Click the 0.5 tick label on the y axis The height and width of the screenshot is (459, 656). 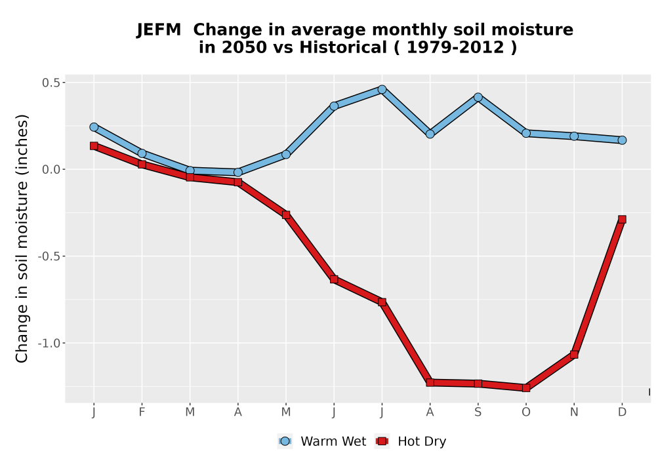(x=51, y=83)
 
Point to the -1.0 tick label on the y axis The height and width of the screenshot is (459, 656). (x=49, y=343)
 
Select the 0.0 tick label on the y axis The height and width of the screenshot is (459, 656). (x=51, y=170)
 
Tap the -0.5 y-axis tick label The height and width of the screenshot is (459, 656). (x=49, y=256)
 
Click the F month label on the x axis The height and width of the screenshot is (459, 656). (x=142, y=412)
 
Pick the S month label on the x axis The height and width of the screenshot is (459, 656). (x=478, y=412)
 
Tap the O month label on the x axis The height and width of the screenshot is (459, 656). (x=526, y=412)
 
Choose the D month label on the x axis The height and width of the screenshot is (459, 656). (x=622, y=412)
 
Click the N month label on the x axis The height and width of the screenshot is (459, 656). (x=574, y=412)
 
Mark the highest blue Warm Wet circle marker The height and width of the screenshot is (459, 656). (x=382, y=89)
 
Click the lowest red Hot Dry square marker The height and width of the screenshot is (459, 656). (x=526, y=388)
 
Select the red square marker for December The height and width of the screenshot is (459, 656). (x=622, y=220)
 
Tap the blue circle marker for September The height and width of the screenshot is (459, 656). (x=478, y=98)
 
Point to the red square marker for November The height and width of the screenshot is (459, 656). (x=574, y=355)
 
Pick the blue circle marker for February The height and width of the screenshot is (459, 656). (x=142, y=153)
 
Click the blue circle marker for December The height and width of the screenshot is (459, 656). (x=622, y=140)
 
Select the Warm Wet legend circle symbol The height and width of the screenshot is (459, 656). (x=285, y=441)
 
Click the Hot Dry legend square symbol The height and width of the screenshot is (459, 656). (x=382, y=441)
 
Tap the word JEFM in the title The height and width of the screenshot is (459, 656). (x=159, y=30)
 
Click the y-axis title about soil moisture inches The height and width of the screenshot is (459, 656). (x=22, y=239)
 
